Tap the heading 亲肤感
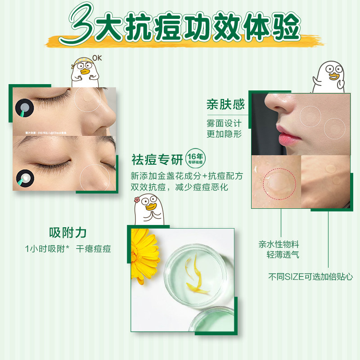(225, 104)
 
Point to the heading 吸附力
(67, 233)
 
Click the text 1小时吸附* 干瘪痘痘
(67, 248)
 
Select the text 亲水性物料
(279, 244)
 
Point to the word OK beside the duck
(97, 58)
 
